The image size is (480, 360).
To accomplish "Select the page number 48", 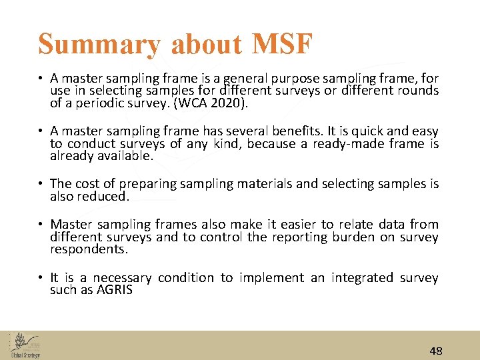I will click(x=436, y=351).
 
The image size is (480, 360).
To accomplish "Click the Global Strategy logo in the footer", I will click(x=25, y=345).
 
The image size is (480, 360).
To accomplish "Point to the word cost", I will click(x=89, y=184).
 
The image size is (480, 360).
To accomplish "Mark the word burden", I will click(x=355, y=237).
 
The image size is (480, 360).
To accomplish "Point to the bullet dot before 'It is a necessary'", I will click(x=41, y=278).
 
